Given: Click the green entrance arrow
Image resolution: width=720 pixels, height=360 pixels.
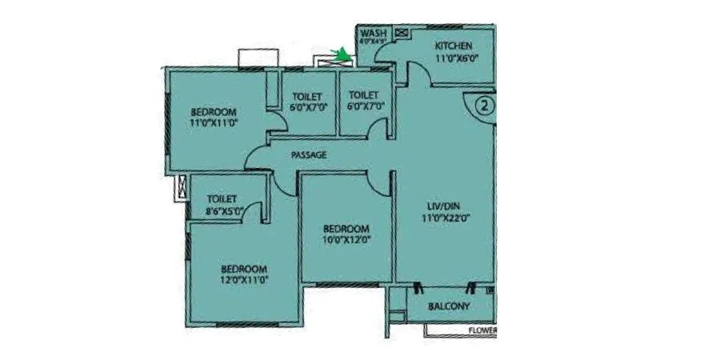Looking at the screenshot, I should pyautogui.click(x=343, y=54).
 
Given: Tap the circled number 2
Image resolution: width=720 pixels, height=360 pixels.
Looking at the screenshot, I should pyautogui.click(x=486, y=104).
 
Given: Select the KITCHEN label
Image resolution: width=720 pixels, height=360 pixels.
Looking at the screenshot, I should pyautogui.click(x=454, y=46).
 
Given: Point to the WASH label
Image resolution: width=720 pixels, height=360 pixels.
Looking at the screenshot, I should pyautogui.click(x=374, y=33).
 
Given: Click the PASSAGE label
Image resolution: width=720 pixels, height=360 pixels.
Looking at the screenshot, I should pyautogui.click(x=308, y=154).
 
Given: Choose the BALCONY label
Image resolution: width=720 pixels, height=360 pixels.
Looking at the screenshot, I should pyautogui.click(x=448, y=306).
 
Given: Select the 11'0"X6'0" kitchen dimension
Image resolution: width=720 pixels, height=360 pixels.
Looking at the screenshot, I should pyautogui.click(x=455, y=58).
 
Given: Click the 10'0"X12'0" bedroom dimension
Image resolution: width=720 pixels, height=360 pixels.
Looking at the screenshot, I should pyautogui.click(x=347, y=238).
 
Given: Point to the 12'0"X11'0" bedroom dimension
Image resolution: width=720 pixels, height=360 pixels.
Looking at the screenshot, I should pyautogui.click(x=244, y=281).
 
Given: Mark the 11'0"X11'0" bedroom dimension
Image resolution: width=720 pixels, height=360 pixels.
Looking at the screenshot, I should pyautogui.click(x=214, y=122).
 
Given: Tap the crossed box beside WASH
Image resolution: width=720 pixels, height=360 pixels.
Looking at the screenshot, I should pyautogui.click(x=402, y=33).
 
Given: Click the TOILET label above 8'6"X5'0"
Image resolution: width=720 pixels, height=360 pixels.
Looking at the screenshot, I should pyautogui.click(x=221, y=198).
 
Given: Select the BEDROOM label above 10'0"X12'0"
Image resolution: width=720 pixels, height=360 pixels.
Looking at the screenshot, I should pyautogui.click(x=347, y=227).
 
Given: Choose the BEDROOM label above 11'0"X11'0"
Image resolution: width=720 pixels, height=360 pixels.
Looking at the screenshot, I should pyautogui.click(x=214, y=111).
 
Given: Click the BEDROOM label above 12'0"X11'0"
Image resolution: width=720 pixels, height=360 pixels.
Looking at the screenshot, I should pyautogui.click(x=244, y=269).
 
